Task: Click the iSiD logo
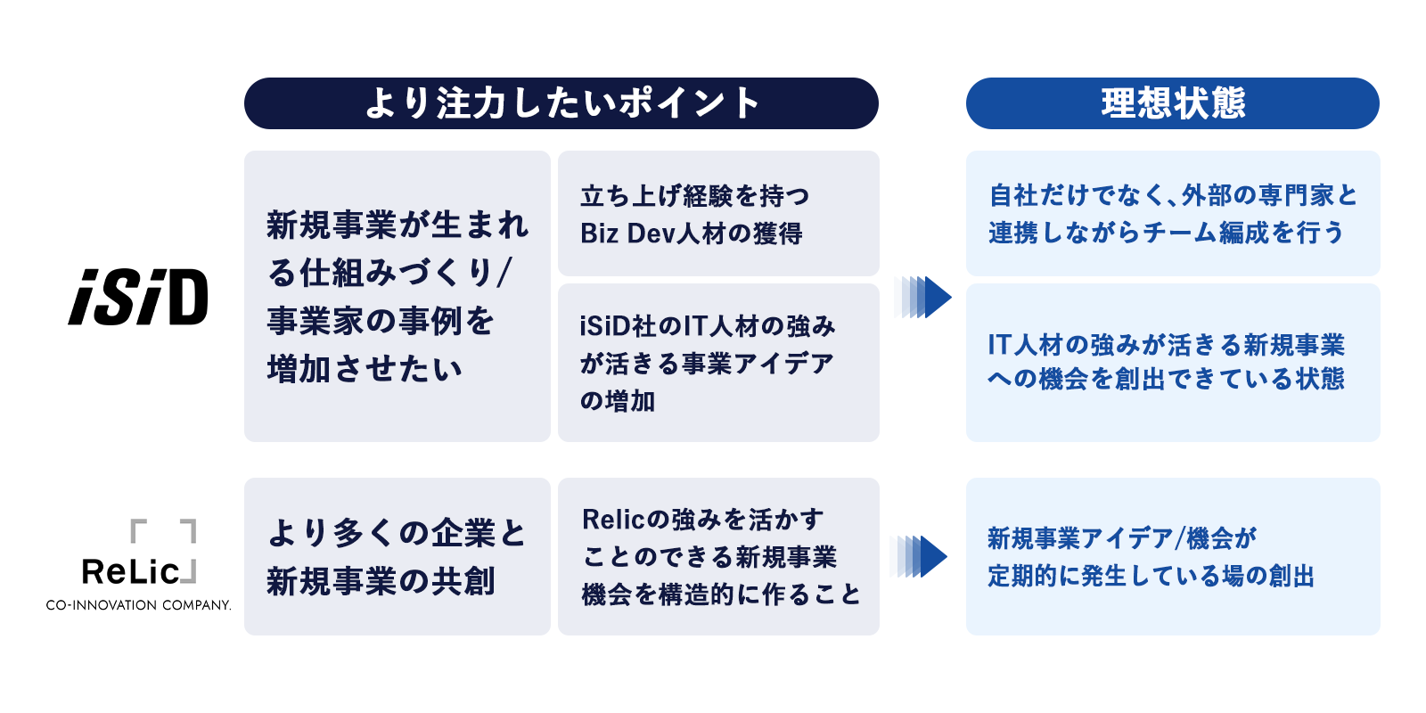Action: click(x=138, y=297)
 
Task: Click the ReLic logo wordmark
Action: click(x=131, y=571)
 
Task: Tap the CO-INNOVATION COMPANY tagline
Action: click(x=138, y=605)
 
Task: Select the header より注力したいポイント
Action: click(x=561, y=103)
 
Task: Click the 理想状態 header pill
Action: click(x=1172, y=103)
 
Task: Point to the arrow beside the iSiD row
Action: click(x=924, y=297)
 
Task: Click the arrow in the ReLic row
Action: click(x=920, y=556)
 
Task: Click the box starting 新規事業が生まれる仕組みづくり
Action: click(x=397, y=296)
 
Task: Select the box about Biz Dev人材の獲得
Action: click(x=718, y=213)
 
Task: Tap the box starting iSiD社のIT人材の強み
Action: click(x=718, y=363)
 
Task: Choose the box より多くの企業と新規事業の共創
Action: click(x=397, y=556)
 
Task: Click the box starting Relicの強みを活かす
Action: click(x=718, y=556)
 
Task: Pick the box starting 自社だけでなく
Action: click(x=1172, y=213)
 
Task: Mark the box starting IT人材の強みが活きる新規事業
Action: click(x=1172, y=363)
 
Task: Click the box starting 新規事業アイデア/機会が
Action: click(x=1172, y=556)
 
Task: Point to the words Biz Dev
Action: click(x=627, y=234)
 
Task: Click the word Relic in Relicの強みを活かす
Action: click(x=612, y=520)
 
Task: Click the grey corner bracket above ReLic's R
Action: click(x=139, y=530)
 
